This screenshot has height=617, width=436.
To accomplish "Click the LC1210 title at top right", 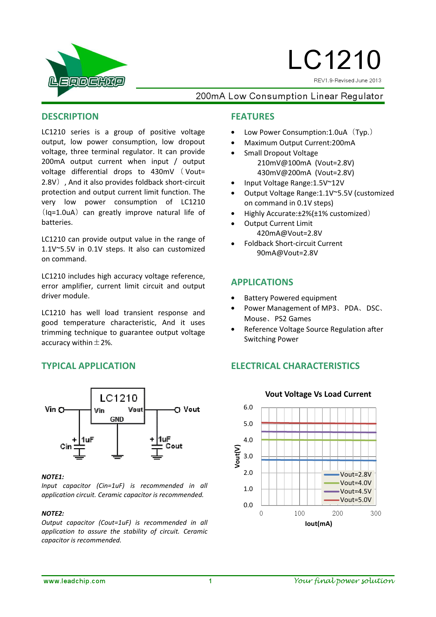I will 334,60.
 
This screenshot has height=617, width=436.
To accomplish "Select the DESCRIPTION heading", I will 70,116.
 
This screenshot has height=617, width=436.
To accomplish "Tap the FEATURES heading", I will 252,116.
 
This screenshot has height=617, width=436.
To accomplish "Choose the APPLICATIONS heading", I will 262,282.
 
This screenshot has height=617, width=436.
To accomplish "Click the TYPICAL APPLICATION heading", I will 88,366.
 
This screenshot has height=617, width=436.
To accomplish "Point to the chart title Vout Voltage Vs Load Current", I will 318,394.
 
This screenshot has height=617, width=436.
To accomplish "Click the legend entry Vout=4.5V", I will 355,491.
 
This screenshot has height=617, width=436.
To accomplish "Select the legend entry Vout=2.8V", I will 355,474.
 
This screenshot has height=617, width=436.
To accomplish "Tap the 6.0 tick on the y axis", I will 248,407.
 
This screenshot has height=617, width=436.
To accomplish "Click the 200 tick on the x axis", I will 338,513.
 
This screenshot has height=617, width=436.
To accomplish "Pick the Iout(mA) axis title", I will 318,523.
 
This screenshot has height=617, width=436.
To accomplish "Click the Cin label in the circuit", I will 66,446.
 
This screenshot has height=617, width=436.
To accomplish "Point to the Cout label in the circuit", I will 174,446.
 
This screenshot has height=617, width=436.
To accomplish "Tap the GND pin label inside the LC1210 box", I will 117,419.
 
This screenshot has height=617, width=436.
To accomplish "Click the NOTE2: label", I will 53,513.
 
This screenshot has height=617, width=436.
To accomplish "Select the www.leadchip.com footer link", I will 74,581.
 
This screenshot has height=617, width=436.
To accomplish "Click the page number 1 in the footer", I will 210,581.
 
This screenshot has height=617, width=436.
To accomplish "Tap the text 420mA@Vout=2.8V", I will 289,233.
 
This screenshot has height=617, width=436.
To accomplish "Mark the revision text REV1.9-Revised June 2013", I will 347,81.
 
